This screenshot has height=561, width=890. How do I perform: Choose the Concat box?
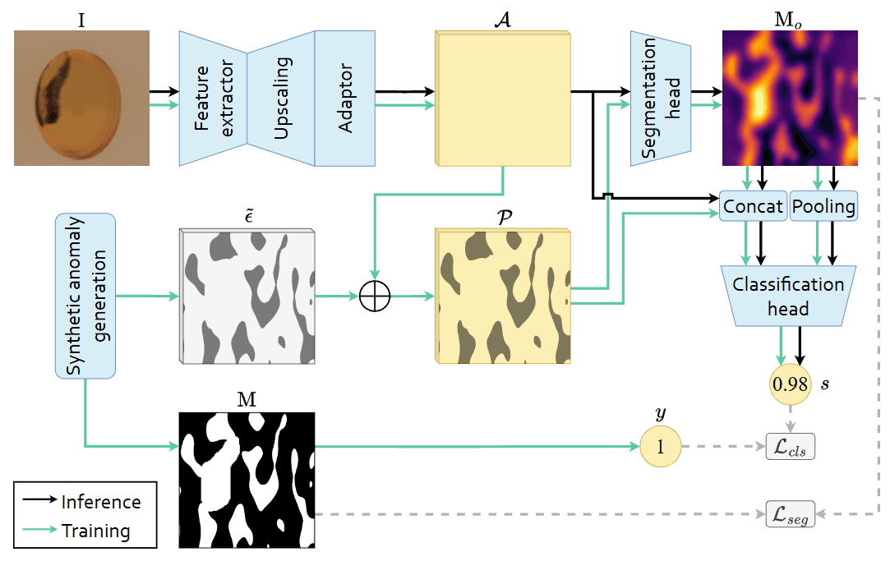[753, 207]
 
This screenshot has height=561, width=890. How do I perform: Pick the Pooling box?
[823, 207]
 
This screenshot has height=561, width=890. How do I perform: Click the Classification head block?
[788, 297]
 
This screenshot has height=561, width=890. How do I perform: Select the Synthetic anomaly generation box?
[85, 296]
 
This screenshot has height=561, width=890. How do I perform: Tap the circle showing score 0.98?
[789, 383]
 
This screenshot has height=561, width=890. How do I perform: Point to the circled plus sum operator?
[374, 296]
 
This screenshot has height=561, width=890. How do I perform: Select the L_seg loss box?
[790, 514]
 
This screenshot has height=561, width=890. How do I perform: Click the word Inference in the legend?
[101, 502]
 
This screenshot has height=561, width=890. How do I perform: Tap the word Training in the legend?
[96, 531]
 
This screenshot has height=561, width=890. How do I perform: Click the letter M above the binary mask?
[246, 400]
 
